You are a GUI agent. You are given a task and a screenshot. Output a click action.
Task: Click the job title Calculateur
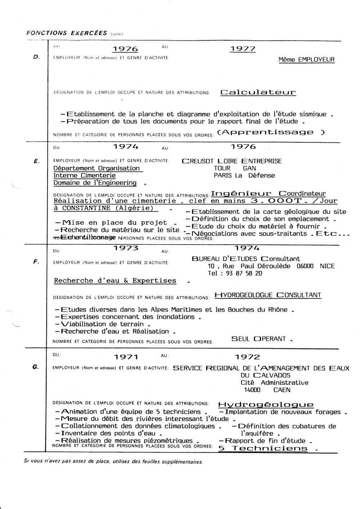pyautogui.click(x=258, y=92)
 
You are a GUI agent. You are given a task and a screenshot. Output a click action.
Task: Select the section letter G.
pyautogui.click(x=35, y=367)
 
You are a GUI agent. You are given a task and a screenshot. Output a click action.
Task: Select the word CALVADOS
pyautogui.click(x=266, y=375)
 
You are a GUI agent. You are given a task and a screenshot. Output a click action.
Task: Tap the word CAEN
pyautogui.click(x=282, y=390)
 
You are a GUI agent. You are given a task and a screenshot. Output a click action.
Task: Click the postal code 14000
pyautogui.click(x=252, y=390)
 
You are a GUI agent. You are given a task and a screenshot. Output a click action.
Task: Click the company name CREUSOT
pyautogui.click(x=198, y=161)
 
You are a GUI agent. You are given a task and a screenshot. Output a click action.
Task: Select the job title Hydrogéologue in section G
pyautogui.click(x=266, y=405)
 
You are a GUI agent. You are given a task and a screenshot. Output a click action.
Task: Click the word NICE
pyautogui.click(x=327, y=266)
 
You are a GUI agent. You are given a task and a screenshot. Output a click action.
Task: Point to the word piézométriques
pyautogui.click(x=168, y=441)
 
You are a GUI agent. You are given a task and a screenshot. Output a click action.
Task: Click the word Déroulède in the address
pyautogui.click(x=278, y=266)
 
